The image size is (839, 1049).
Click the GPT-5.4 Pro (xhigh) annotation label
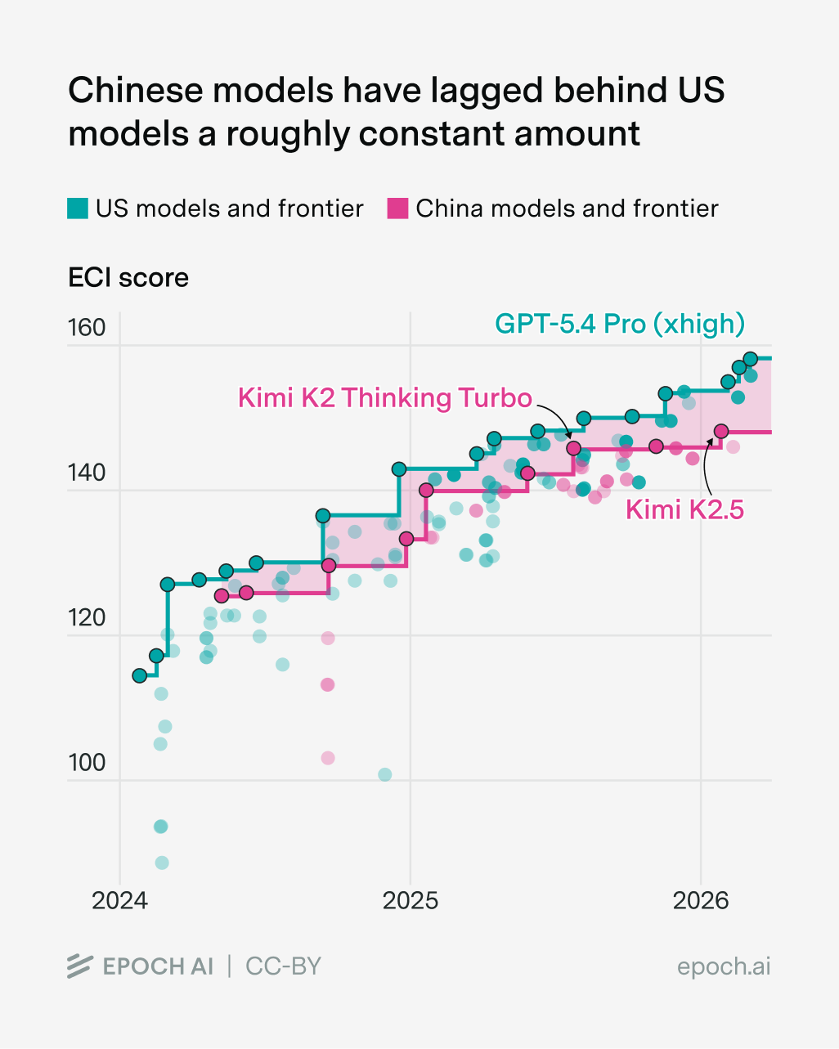620,324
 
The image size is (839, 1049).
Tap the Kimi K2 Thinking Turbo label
384,398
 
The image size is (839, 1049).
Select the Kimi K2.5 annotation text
684,510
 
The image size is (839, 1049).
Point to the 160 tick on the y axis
87,328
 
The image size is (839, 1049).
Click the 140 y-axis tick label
87,473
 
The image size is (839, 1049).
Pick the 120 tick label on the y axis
87,617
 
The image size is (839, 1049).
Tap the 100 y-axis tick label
87,762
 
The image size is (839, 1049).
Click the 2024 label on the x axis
119,901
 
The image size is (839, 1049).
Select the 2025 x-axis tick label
411,901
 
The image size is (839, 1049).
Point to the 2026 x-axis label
700,901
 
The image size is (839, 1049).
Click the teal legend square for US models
78,208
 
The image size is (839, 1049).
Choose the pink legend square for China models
397,208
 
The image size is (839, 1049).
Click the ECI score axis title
128,278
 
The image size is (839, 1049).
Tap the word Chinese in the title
134,91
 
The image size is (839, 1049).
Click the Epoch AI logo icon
79,966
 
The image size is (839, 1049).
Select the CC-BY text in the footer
283,966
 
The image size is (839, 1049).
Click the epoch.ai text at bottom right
723,966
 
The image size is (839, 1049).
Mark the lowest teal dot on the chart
162,863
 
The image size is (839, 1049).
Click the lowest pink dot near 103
328,758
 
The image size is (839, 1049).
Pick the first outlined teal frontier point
140,675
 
